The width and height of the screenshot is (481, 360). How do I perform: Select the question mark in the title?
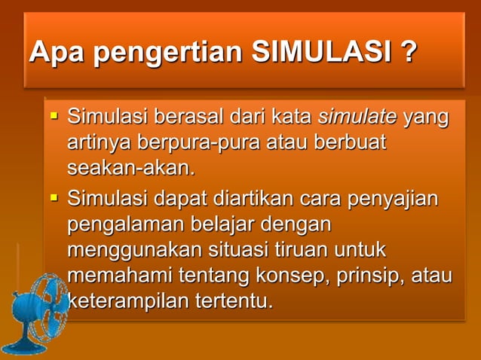point(409,53)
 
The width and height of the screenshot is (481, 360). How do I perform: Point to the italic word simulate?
point(358,117)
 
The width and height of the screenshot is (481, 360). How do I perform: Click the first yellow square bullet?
point(54,117)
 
